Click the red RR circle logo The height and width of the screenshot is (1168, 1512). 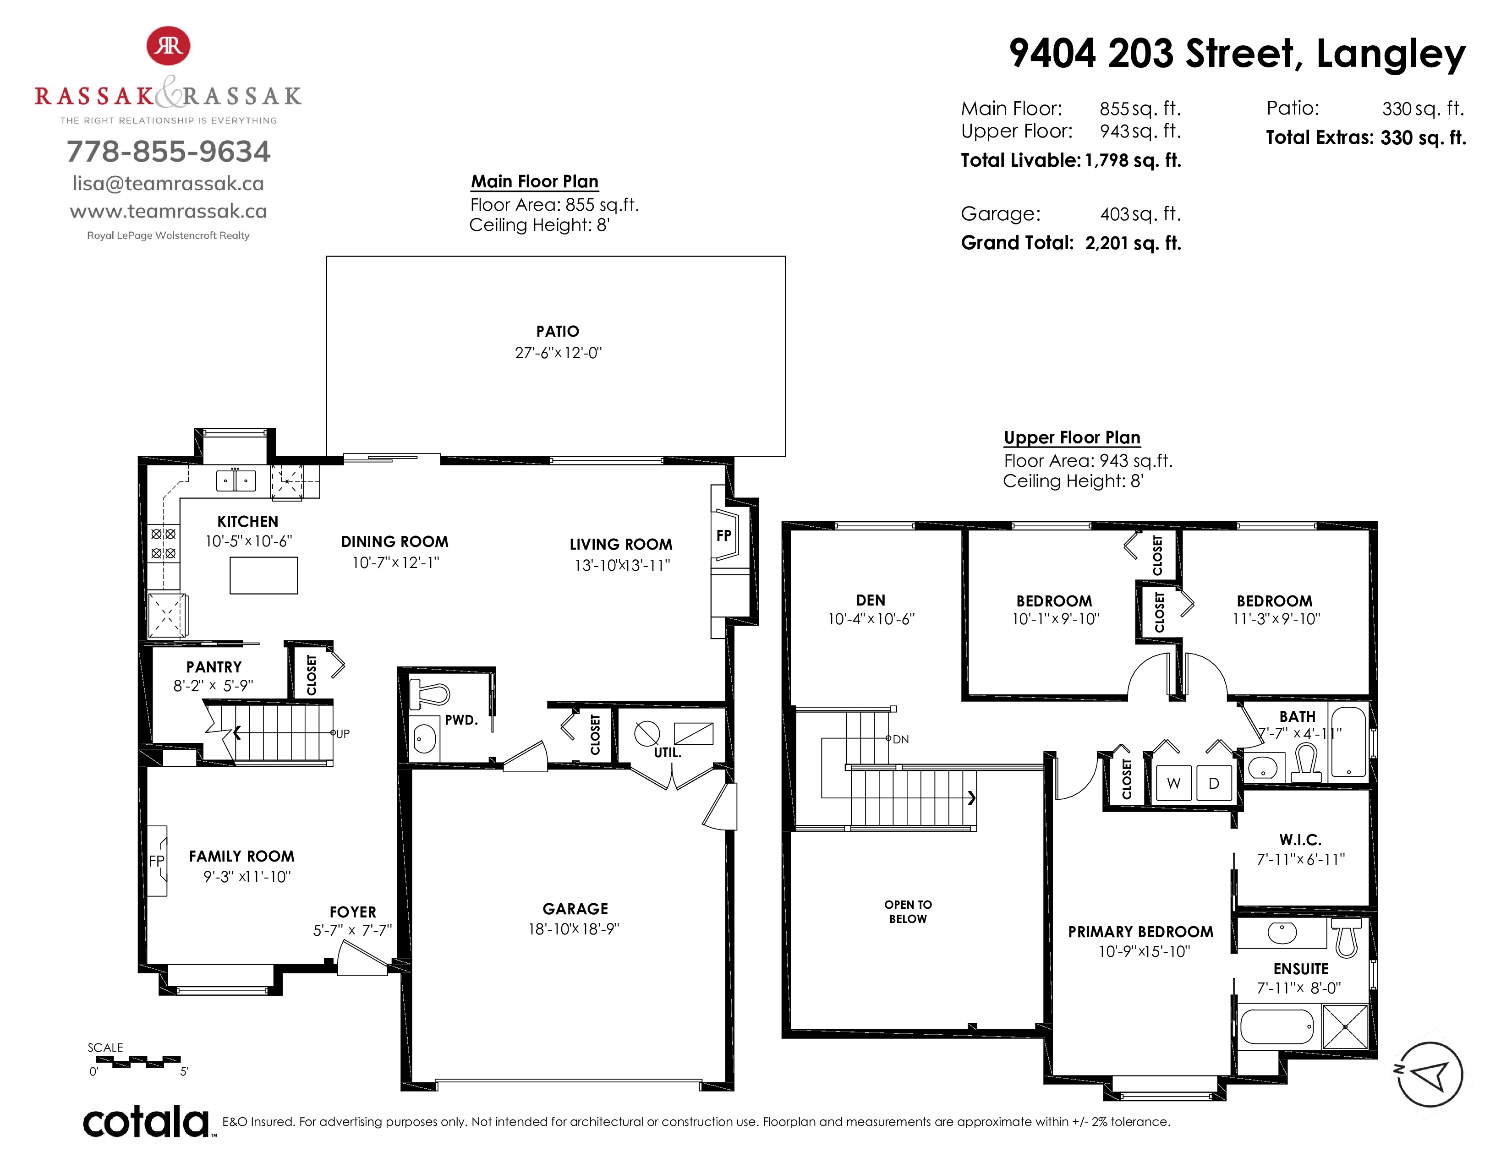(x=168, y=46)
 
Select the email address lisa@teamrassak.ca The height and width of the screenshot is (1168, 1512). (x=168, y=183)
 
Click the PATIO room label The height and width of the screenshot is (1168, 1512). (x=557, y=332)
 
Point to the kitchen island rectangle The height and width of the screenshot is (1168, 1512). (x=264, y=575)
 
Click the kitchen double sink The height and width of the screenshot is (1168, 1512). (x=236, y=480)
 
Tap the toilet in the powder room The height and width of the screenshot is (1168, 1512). (x=430, y=694)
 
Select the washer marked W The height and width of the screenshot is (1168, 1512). (x=1173, y=783)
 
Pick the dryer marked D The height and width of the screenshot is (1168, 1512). (x=1214, y=783)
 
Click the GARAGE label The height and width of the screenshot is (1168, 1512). (x=575, y=909)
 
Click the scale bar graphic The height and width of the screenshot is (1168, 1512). (x=138, y=1061)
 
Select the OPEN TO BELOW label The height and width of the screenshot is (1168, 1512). (x=908, y=911)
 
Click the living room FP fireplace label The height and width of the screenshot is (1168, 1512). (x=723, y=535)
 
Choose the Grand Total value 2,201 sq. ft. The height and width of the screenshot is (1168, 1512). (x=1133, y=243)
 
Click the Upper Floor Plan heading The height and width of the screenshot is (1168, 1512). (x=1072, y=437)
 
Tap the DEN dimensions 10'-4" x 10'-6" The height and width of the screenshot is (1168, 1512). (x=871, y=619)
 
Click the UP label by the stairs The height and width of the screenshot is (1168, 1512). (x=343, y=733)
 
